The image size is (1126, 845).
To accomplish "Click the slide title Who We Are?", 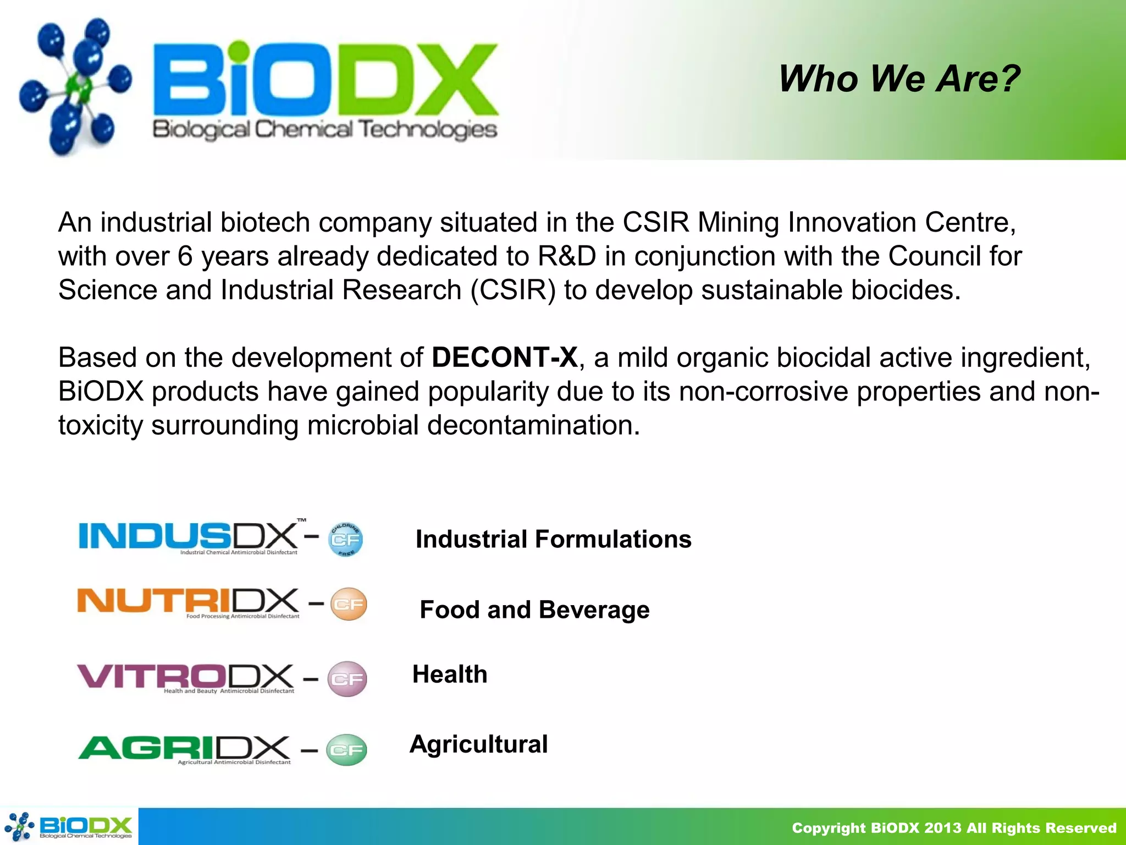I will [899, 79].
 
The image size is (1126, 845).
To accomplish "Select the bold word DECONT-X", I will [504, 358].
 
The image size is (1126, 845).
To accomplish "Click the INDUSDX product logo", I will [190, 537].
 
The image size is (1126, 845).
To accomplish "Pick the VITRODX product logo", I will [186, 678].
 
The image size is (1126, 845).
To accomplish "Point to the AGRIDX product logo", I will [184, 749].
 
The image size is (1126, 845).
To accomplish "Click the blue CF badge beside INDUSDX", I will [345, 540].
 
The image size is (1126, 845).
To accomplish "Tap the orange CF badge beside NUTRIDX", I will [349, 605].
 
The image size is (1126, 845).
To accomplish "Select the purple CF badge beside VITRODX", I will [347, 679].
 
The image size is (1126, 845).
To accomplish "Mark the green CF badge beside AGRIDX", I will [346, 750].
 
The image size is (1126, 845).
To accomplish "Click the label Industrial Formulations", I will [553, 539].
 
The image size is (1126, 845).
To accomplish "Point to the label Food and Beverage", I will [534, 610].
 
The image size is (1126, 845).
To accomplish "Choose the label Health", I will [450, 674].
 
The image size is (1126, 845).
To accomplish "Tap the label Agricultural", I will [478, 744].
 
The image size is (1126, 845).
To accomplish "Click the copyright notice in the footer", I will [953, 828].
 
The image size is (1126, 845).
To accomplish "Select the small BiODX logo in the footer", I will [69, 827].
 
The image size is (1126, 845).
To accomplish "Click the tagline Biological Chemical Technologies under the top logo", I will [324, 130].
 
